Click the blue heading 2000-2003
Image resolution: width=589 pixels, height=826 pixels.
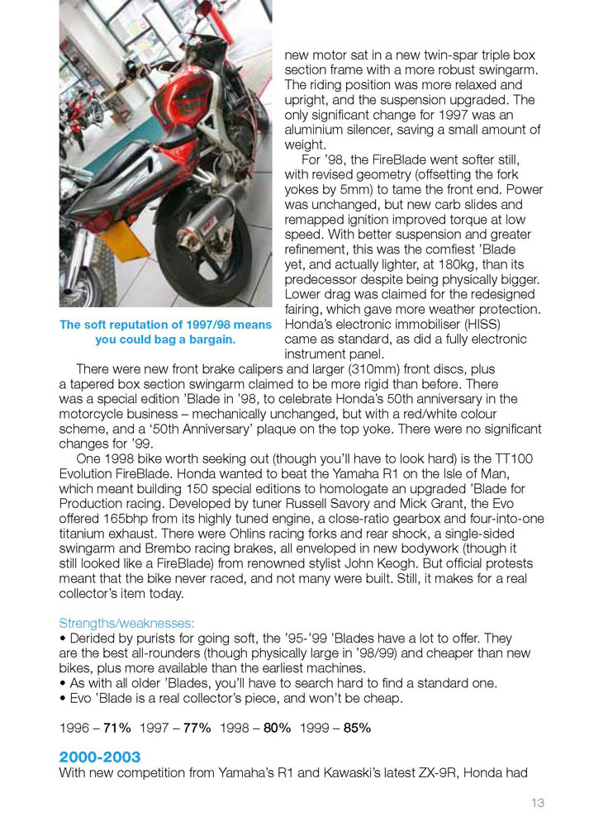[x=99, y=757]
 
